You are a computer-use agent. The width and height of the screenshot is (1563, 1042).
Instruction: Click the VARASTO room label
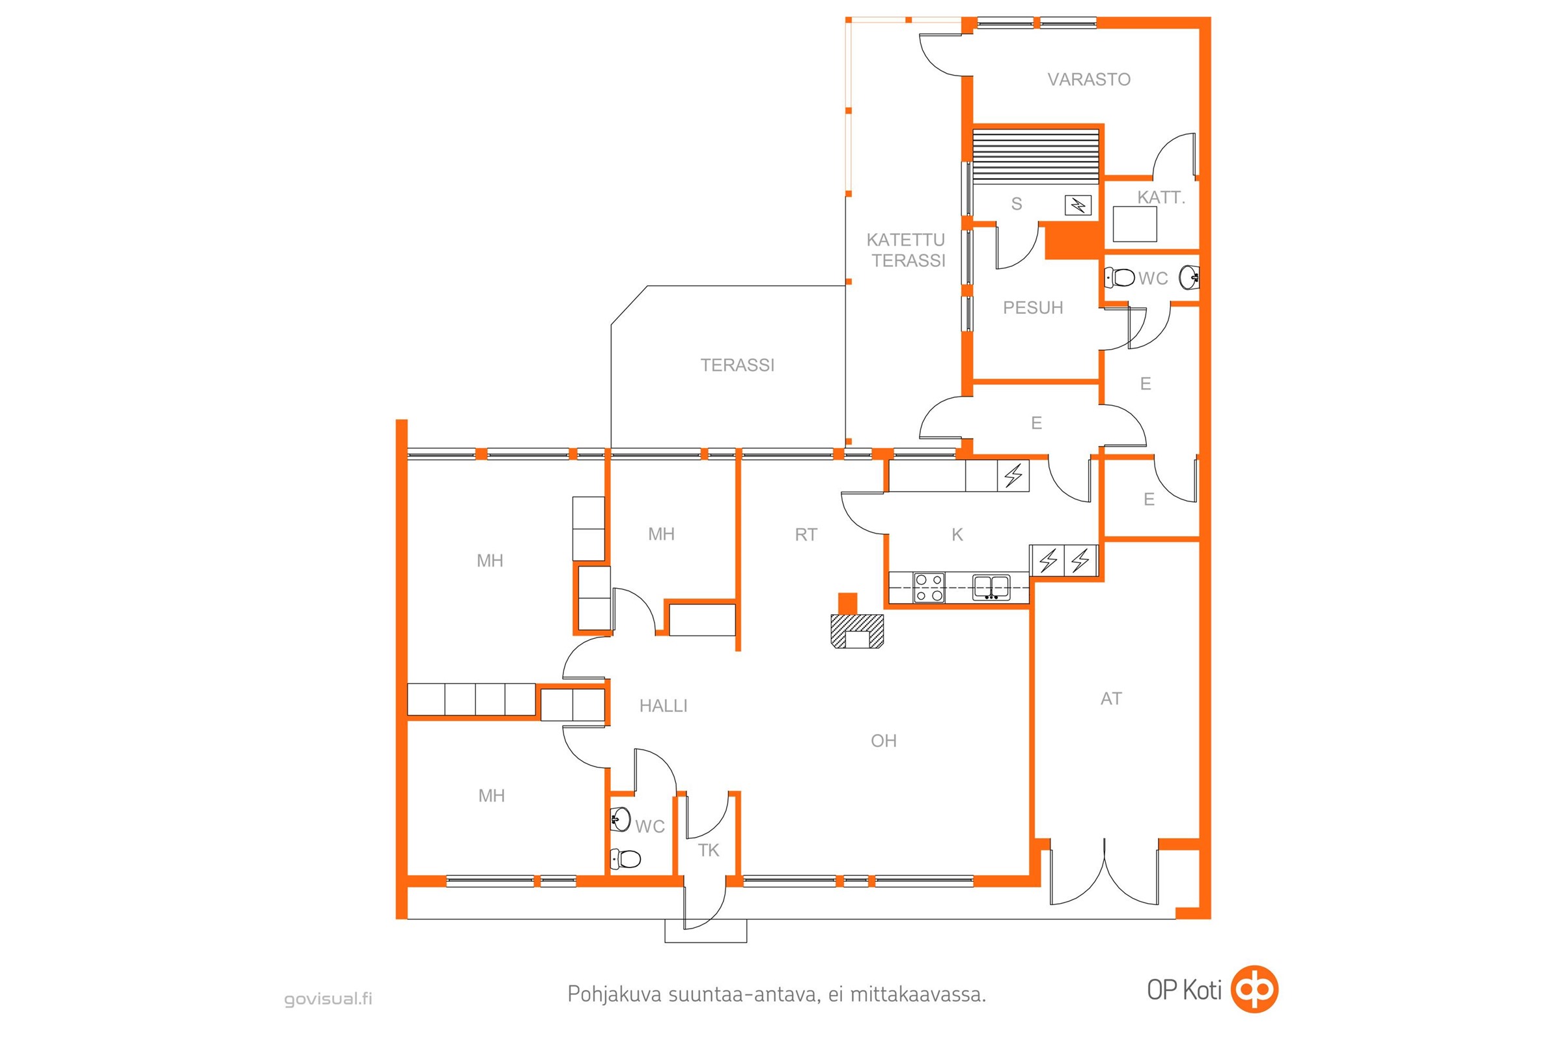coord(1088,79)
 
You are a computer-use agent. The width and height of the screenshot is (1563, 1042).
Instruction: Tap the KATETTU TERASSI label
coord(907,250)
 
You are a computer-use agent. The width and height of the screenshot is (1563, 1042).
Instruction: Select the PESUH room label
coord(1033,307)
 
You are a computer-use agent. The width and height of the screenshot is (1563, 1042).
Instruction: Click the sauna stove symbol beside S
coord(1078,205)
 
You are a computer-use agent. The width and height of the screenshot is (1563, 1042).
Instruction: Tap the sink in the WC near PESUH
coord(1189,277)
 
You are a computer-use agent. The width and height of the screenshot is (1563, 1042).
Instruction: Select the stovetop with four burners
coord(929,588)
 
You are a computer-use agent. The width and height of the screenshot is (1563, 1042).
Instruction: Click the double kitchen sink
coord(991,587)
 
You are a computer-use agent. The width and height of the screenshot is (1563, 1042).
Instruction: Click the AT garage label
coord(1111,699)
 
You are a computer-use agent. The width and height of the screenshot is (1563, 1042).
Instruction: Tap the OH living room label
coord(884,741)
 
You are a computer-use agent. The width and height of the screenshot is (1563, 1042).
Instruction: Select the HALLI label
coord(663,706)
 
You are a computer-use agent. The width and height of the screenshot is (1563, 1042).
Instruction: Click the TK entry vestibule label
coord(709,851)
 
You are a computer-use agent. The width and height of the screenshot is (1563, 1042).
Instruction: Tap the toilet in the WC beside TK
coord(625,858)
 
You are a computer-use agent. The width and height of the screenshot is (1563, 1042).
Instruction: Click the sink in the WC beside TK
coord(620,819)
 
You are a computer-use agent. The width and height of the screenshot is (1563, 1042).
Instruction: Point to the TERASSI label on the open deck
coord(738,365)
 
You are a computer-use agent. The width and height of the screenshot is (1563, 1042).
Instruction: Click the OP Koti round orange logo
coord(1255,989)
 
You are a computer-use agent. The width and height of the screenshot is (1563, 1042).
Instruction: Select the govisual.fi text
coord(328,999)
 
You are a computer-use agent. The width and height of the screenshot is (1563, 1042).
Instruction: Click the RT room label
coord(806,535)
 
